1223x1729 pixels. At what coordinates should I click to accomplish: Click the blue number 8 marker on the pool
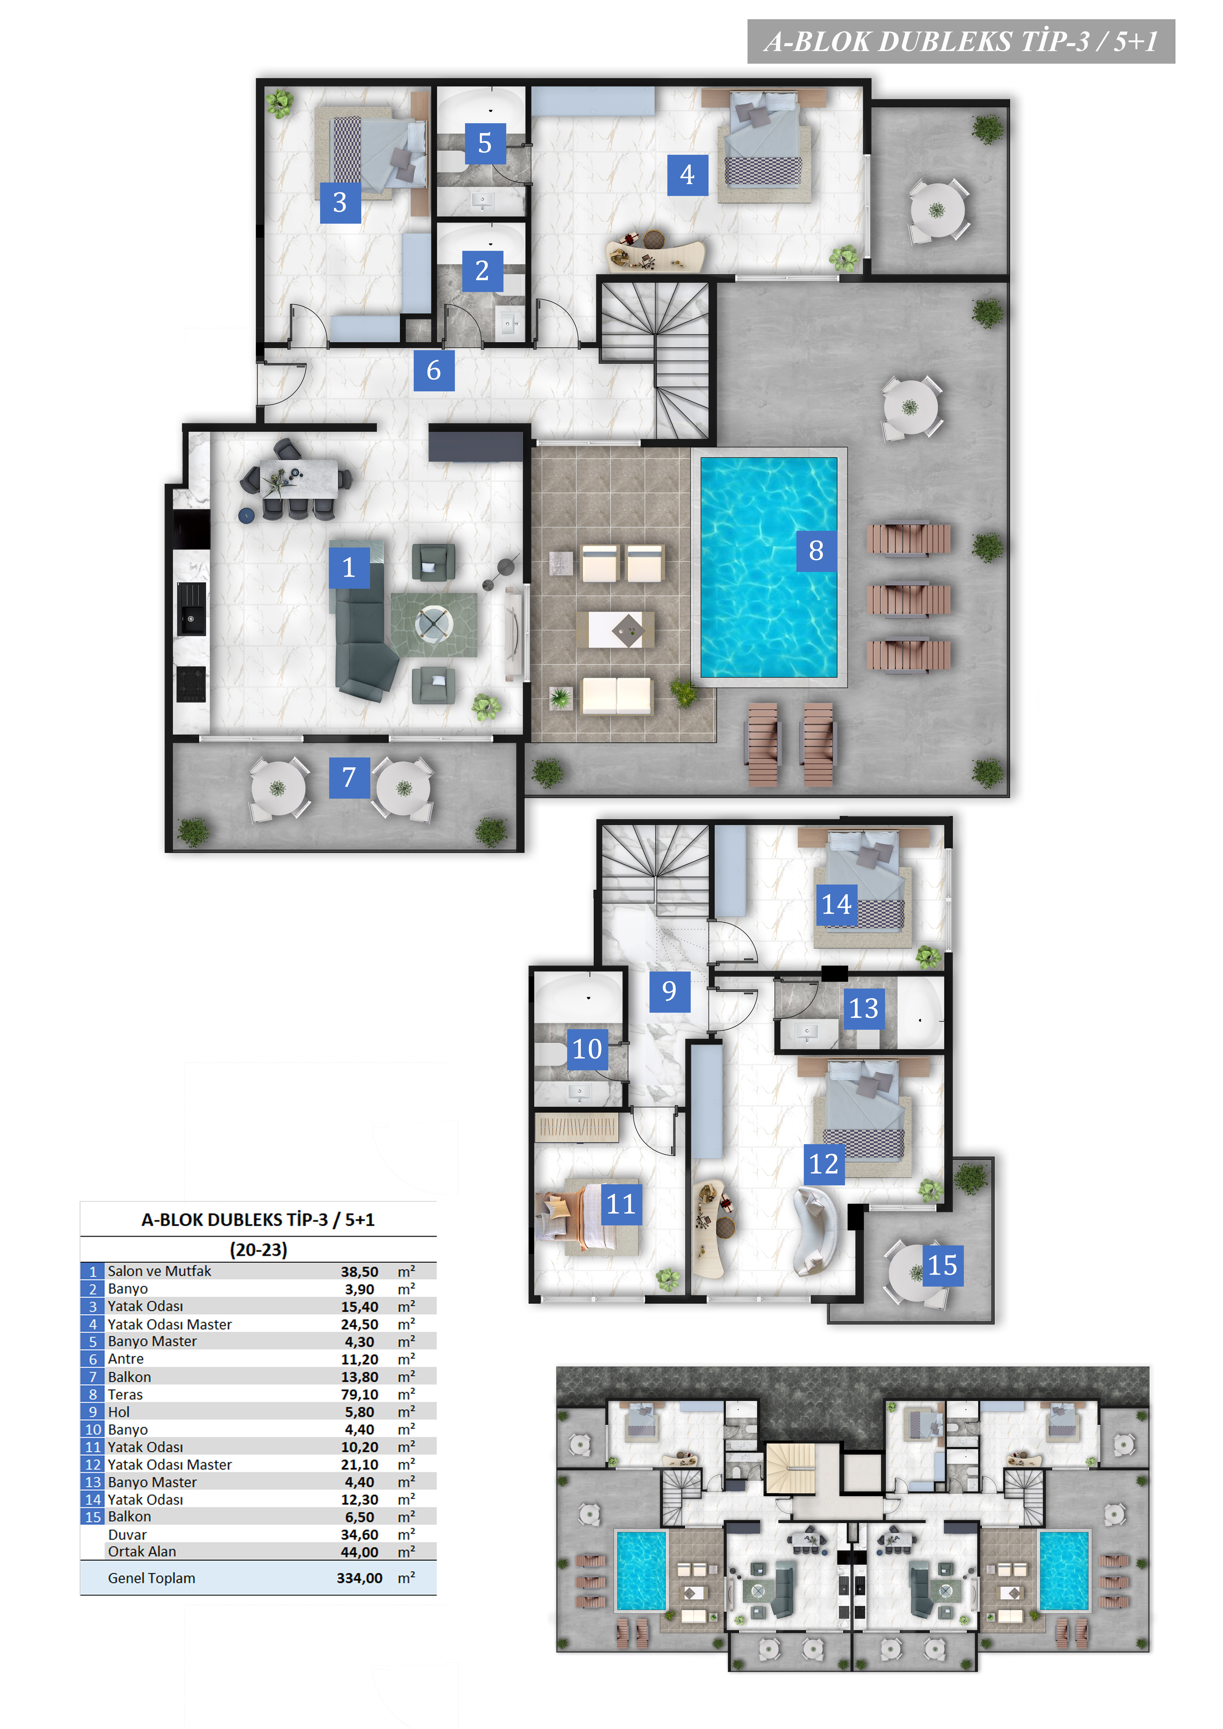[816, 551]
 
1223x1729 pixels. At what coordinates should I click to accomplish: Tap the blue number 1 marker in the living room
[349, 567]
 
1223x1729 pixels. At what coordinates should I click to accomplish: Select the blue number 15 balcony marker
[943, 1265]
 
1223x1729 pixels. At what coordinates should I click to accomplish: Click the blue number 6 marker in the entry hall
[434, 370]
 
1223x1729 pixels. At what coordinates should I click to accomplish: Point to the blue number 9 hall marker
[670, 991]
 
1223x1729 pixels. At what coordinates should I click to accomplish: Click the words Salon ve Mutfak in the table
[159, 1271]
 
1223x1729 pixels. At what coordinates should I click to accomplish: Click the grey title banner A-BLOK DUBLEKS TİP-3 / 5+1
[961, 41]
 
